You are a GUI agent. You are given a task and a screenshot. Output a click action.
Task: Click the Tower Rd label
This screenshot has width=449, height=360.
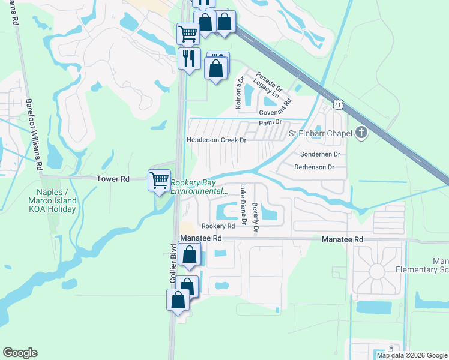[113, 179]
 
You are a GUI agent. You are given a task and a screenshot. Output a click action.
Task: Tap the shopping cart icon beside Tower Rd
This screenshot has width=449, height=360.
[159, 180]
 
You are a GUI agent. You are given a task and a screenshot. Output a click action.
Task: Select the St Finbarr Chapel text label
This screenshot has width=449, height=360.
[321, 133]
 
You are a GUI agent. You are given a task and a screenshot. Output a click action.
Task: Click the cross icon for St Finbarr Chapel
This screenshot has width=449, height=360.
[361, 133]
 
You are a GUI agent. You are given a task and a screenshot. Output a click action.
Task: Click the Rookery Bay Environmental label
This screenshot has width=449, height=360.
[199, 187]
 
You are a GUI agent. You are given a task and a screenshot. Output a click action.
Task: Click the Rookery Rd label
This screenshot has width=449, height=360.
[218, 226]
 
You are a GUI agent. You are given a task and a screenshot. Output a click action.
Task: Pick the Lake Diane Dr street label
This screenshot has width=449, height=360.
[243, 205]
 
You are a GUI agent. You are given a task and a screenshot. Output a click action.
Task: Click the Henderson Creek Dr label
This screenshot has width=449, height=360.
[217, 140]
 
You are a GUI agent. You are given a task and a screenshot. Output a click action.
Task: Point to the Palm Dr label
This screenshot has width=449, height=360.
[270, 123]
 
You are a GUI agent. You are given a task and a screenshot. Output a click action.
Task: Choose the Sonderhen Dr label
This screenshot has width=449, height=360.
[320, 154]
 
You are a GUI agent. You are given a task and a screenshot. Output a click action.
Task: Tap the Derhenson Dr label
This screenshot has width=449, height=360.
[314, 167]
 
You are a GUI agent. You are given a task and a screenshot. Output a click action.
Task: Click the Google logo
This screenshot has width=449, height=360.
[20, 353]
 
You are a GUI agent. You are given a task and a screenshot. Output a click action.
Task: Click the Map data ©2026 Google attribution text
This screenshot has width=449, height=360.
[412, 355]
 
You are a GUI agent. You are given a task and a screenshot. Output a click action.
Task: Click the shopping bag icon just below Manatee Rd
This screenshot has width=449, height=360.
[189, 254]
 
